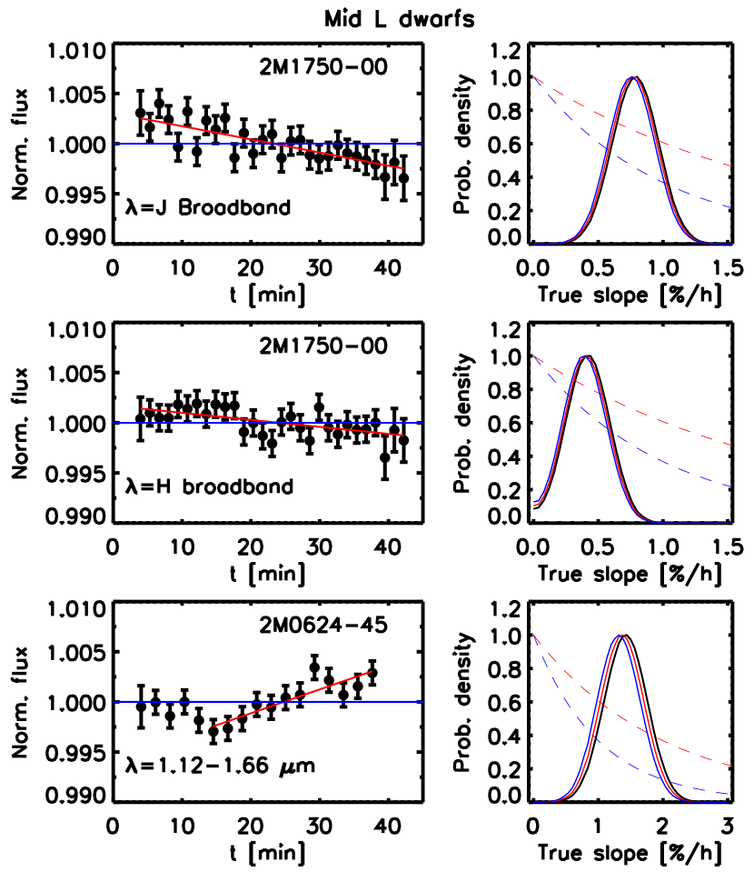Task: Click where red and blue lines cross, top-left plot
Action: pos(273,144)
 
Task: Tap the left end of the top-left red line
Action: pos(141,118)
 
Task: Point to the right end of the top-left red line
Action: pos(403,168)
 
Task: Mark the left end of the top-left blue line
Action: pos(113,144)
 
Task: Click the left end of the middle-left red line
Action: pos(141,409)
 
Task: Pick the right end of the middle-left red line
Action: pos(403,436)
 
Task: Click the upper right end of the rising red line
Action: pos(372,671)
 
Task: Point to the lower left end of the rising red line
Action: pos(214,726)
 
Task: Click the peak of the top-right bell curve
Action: pos(633,77)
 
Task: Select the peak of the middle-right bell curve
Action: pos(586,356)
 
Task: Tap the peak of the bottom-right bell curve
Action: pos(621,635)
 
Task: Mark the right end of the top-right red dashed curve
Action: pos(732,166)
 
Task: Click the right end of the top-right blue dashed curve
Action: pos(732,208)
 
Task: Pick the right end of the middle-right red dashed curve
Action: pos(732,446)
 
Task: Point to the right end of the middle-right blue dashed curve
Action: pos(732,487)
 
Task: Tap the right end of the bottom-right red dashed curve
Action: pos(732,767)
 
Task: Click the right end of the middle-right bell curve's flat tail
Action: pos(732,523)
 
